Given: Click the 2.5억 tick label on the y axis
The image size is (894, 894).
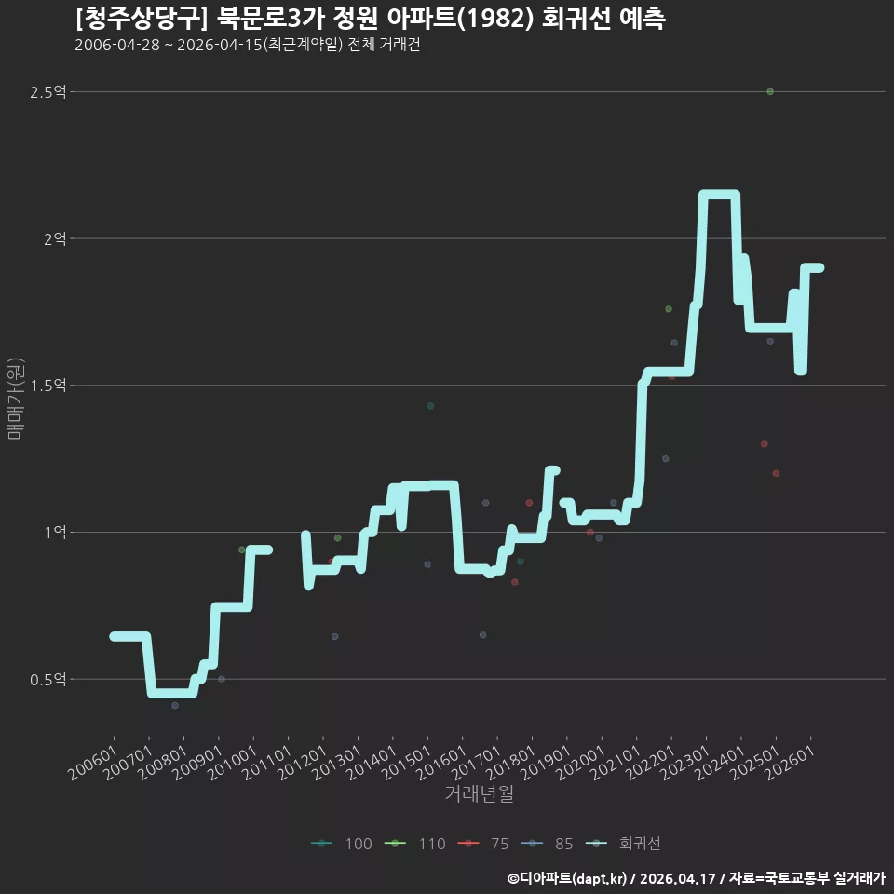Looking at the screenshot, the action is (47, 92).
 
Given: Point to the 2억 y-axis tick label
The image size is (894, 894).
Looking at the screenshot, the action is (55, 239).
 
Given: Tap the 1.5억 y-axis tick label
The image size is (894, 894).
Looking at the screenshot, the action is (47, 386).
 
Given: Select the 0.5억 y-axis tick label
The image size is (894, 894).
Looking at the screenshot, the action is (47, 680).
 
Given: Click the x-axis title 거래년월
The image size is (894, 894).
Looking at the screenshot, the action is (479, 793).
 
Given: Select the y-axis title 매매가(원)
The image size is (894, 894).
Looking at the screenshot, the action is (15, 399).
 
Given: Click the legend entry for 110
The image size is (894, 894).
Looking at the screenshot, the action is (415, 844).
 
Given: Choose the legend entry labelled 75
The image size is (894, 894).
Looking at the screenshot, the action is (483, 844).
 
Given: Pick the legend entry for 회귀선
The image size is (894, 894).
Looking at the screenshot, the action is (623, 844).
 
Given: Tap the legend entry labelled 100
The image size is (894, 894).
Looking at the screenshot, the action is (342, 844).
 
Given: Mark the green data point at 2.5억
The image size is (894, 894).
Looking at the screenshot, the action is (770, 92).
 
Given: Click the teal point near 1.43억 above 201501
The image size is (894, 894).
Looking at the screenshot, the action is (430, 406).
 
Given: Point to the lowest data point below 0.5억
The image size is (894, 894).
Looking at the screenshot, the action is (175, 705).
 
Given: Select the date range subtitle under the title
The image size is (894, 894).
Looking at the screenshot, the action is (248, 45).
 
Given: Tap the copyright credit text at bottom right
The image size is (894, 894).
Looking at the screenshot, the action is (697, 878).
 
